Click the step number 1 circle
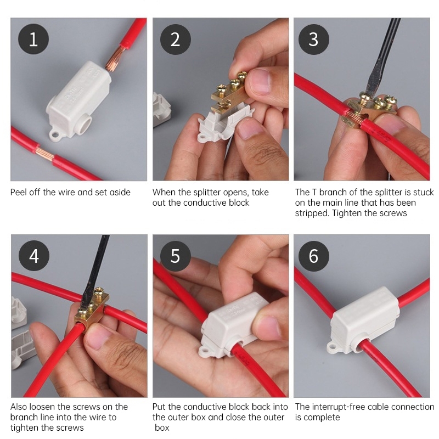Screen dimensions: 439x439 [x=33, y=39]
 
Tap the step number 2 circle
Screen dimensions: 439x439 [x=175, y=39]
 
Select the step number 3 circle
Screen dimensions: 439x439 [x=313, y=39]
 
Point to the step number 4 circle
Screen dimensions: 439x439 [x=34, y=256]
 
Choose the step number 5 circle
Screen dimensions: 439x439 [x=175, y=256]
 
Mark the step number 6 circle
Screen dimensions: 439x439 [x=313, y=256]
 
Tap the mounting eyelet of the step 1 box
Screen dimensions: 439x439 [x=55, y=136]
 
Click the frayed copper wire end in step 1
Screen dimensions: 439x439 [x=114, y=59]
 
